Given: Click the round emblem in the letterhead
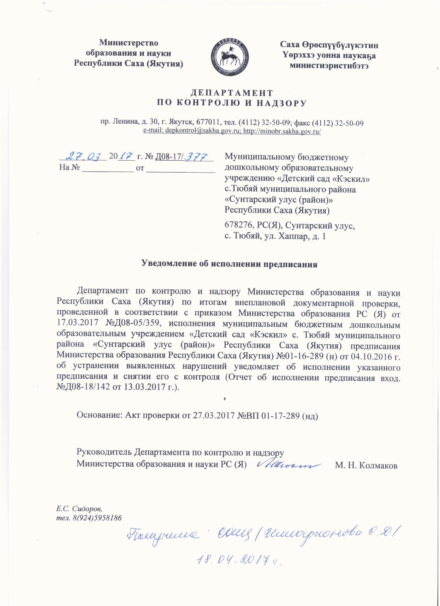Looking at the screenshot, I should click(229, 57).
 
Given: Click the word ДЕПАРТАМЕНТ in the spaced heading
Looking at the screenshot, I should click(232, 93).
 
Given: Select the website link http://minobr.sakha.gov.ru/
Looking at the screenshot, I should click(282, 131).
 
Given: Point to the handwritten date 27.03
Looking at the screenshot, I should click(83, 156).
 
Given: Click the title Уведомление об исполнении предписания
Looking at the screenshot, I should click(229, 264).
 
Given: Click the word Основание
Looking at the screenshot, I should click(99, 415).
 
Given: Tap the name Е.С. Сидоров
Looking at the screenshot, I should click(79, 509).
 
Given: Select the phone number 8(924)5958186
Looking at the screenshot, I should click(97, 518).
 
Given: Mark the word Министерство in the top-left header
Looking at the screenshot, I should click(128, 43).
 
